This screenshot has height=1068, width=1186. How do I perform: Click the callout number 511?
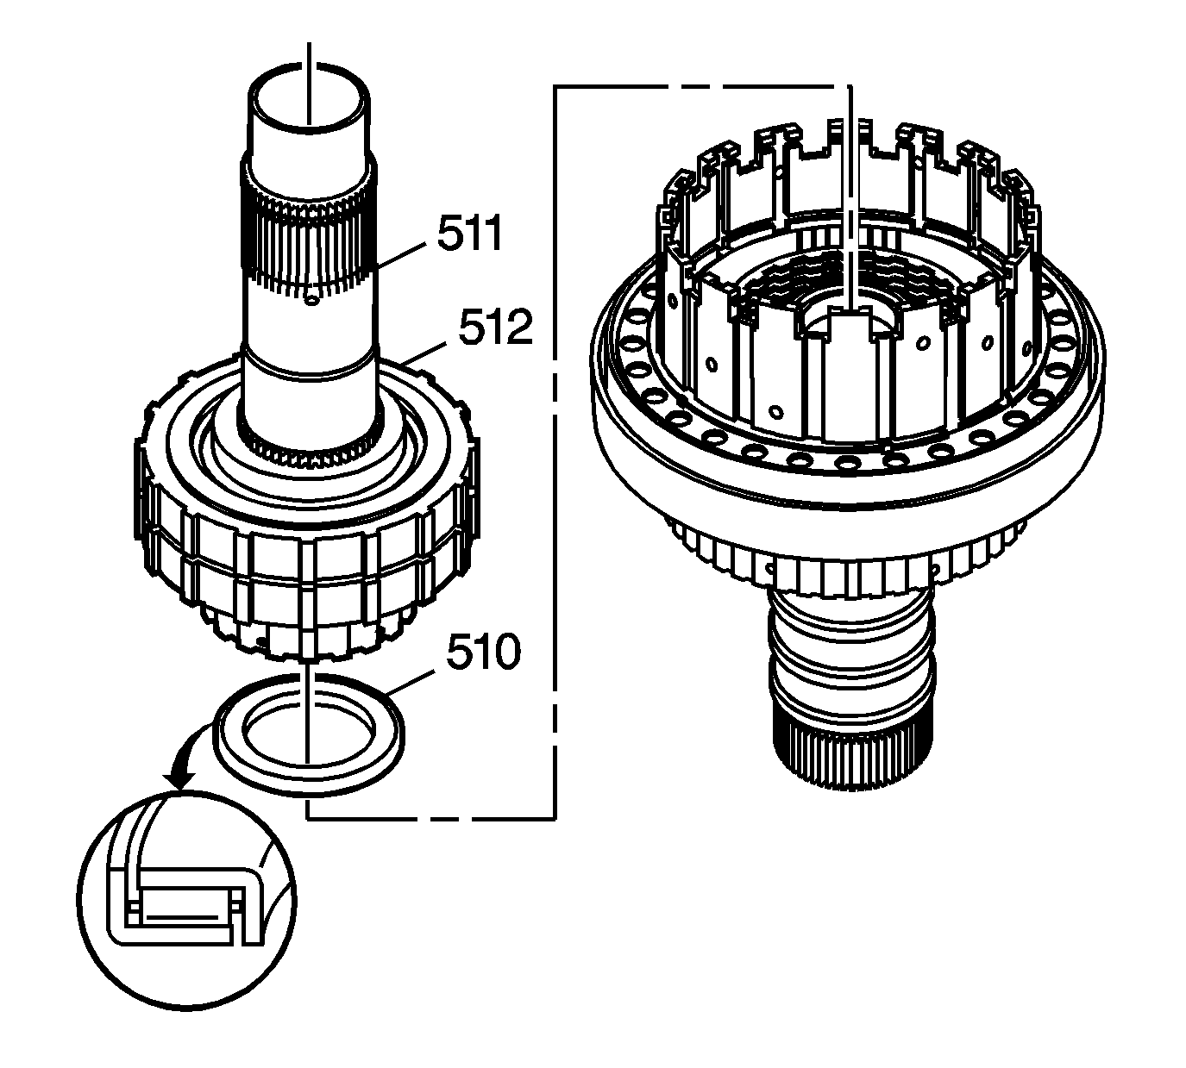tap(469, 235)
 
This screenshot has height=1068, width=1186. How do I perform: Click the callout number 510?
tap(483, 653)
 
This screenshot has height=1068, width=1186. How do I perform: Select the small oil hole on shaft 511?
tap(312, 301)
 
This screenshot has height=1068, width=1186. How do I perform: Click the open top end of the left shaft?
tap(310, 95)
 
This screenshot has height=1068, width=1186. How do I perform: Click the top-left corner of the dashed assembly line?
tap(555, 86)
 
